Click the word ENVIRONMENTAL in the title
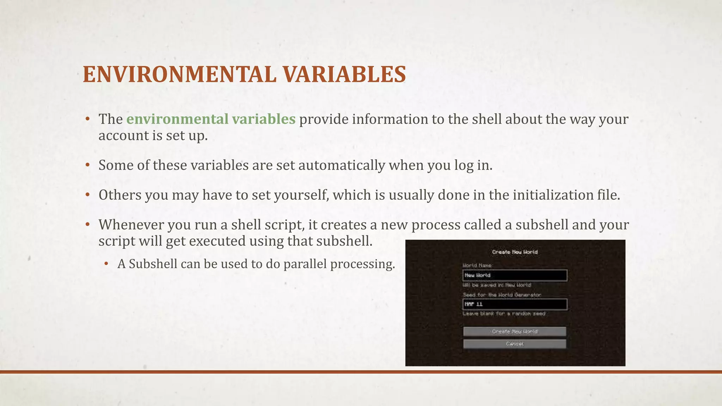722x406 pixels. pyautogui.click(x=179, y=74)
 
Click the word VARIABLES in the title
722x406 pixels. pyautogui.click(x=344, y=74)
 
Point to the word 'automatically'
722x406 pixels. pyautogui.click(x=342, y=165)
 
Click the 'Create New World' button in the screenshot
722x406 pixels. pyautogui.click(x=514, y=332)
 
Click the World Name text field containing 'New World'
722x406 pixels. pyautogui.click(x=514, y=275)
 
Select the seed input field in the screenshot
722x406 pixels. pyautogui.click(x=514, y=304)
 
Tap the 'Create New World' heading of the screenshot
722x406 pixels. pyautogui.click(x=515, y=252)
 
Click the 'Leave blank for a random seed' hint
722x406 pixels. pyautogui.click(x=504, y=314)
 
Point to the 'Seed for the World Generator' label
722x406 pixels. pyautogui.click(x=502, y=295)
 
